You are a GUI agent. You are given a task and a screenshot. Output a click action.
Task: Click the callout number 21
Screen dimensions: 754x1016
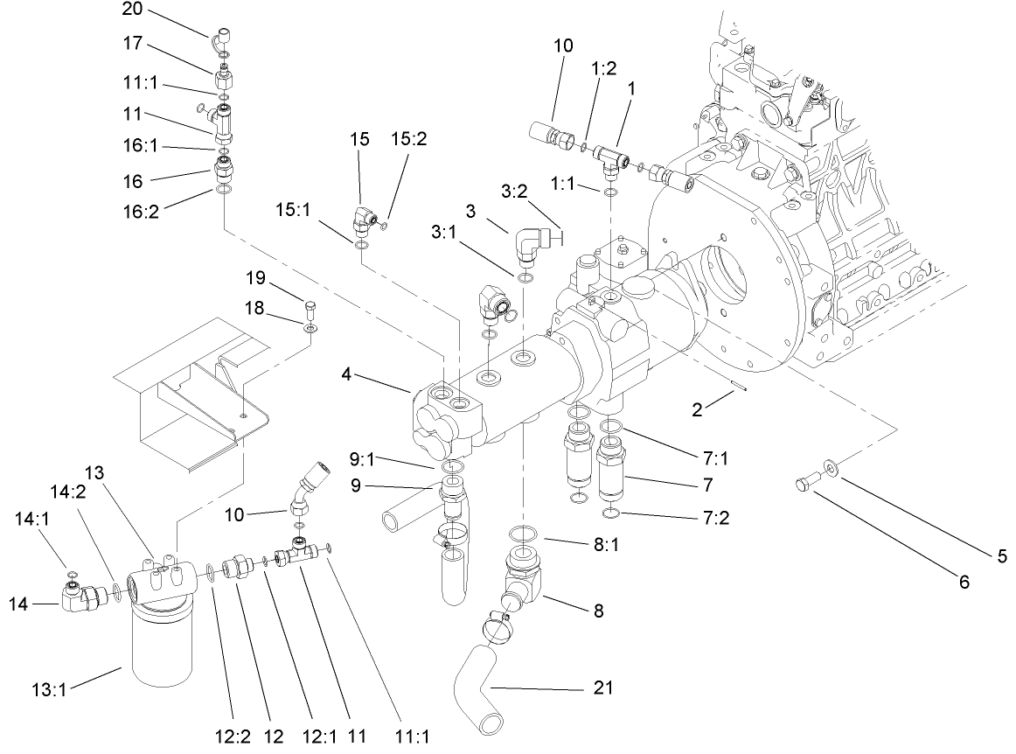click(x=603, y=688)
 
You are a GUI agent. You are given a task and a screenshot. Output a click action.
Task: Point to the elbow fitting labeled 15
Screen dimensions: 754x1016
click(x=362, y=222)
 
